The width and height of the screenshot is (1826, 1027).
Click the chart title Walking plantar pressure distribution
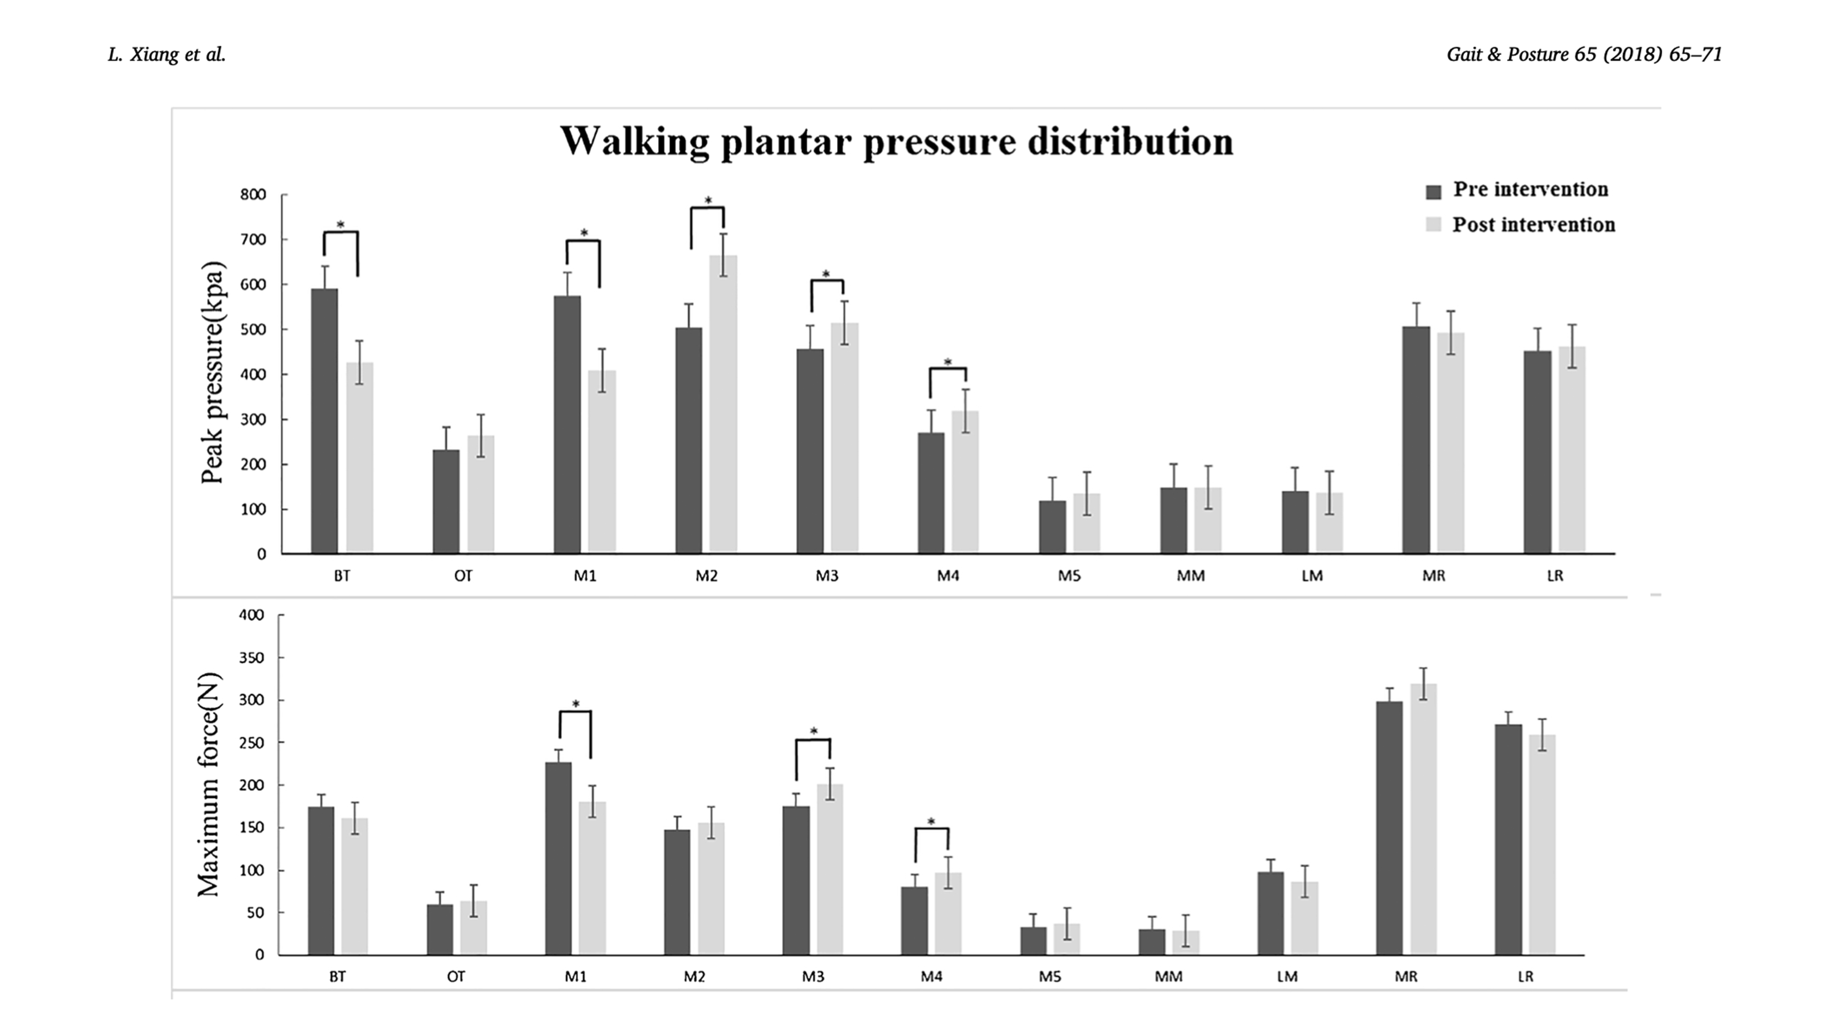click(897, 142)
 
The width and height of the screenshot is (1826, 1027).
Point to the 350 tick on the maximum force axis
click(251, 658)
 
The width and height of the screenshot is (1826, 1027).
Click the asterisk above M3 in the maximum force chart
click(814, 731)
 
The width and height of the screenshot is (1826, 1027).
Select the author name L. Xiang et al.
click(166, 55)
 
